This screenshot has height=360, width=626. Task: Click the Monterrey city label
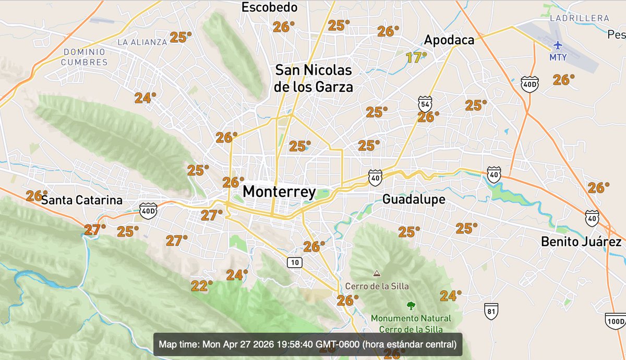pyautogui.click(x=279, y=192)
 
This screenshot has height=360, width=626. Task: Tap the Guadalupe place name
pyautogui.click(x=414, y=199)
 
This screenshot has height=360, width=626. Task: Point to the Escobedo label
pyautogui.click(x=270, y=7)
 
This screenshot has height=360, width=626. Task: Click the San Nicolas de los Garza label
pyautogui.click(x=314, y=78)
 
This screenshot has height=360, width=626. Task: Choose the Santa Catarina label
pyautogui.click(x=82, y=200)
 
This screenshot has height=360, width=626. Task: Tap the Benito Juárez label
pyautogui.click(x=581, y=242)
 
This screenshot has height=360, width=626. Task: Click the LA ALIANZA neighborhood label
pyautogui.click(x=142, y=42)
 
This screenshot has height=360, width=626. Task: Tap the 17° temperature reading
pyautogui.click(x=416, y=57)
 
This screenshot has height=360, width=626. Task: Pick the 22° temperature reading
pyautogui.click(x=202, y=286)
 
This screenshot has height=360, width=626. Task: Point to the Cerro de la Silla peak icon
pyautogui.click(x=376, y=273)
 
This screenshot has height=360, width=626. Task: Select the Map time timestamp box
pyautogui.click(x=308, y=344)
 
